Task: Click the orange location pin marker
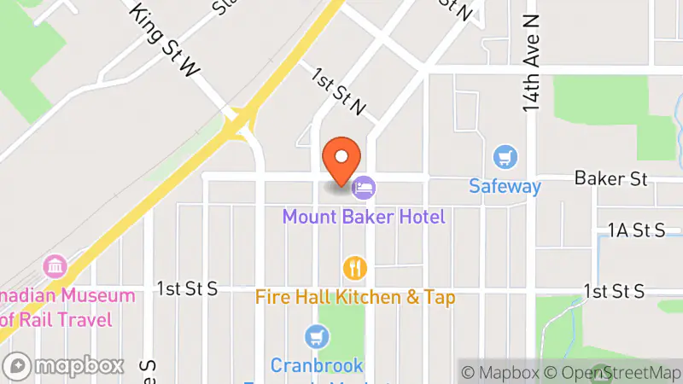tap(341, 160)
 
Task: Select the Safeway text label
tap(505, 185)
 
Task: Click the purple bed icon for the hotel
tap(365, 185)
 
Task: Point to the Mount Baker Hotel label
tap(365, 217)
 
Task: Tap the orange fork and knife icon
tap(355, 269)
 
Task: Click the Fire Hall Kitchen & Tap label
tap(355, 297)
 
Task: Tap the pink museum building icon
tap(57, 266)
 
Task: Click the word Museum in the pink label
tap(94, 296)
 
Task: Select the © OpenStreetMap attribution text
tap(613, 372)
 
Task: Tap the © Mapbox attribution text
tap(500, 372)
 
